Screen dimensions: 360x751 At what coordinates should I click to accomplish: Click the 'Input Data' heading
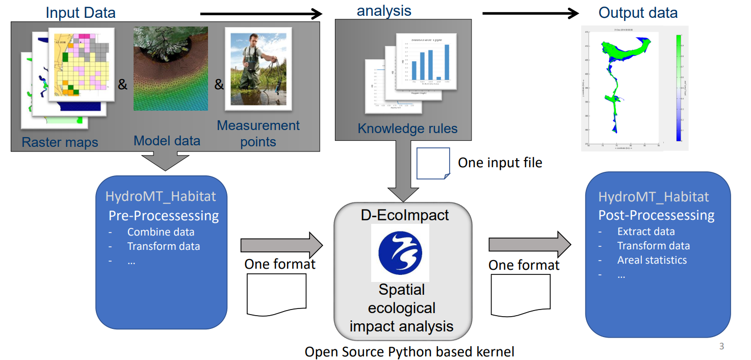(81, 13)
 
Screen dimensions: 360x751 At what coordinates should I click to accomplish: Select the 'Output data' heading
(638, 13)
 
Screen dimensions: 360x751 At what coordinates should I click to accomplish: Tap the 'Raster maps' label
(60, 142)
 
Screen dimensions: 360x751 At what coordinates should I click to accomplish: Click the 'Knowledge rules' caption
(407, 128)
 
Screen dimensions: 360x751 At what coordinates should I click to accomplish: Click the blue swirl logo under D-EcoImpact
(400, 252)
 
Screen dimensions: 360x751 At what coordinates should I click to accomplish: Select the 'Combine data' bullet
(161, 232)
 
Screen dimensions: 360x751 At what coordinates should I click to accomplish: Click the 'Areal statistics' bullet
(652, 260)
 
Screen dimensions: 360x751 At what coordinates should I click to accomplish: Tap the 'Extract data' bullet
(646, 232)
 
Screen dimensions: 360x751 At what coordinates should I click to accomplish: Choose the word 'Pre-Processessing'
(164, 216)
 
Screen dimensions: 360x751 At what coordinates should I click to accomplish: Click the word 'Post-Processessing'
(656, 215)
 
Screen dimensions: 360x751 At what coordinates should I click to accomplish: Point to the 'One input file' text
(500, 163)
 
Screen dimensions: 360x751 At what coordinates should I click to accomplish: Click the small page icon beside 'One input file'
(433, 163)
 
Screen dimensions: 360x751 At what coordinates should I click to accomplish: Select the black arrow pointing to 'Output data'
(531, 13)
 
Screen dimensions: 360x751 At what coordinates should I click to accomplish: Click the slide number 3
(721, 347)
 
